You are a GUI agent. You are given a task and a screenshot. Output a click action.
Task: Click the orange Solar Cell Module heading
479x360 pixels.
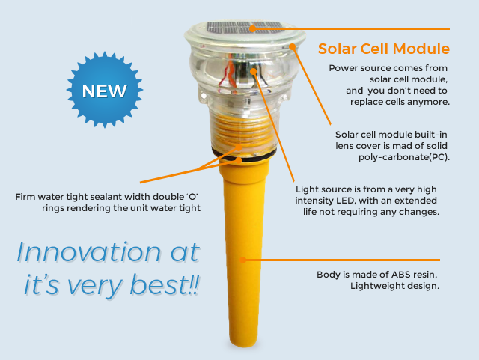point(383,49)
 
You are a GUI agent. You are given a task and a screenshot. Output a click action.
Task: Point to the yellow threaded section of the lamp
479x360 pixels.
point(238,135)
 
